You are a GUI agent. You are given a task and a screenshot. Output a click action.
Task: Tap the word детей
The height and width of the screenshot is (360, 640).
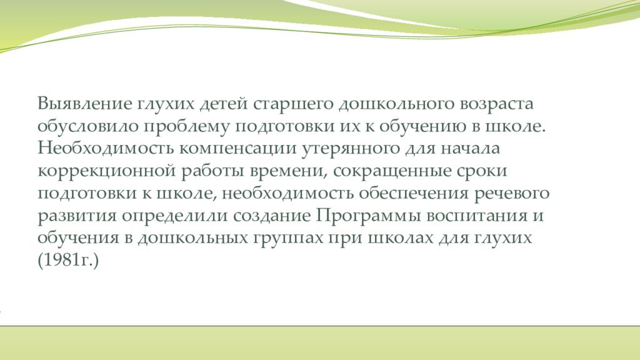223,102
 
